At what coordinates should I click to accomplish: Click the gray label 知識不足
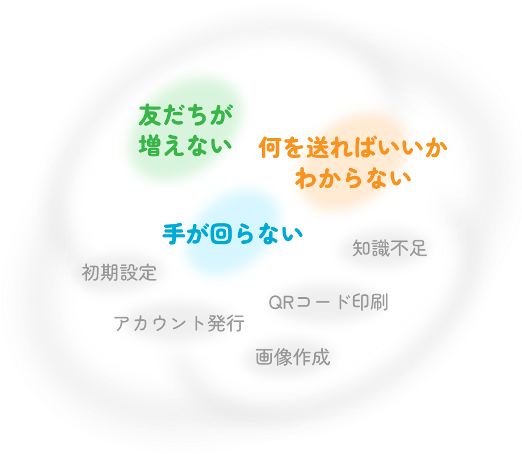pos(389,248)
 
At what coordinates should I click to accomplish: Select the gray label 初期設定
pos(119,273)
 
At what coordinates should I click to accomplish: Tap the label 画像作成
pos(293,357)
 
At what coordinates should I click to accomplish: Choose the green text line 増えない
pos(184,144)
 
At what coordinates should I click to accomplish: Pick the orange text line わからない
pos(353,178)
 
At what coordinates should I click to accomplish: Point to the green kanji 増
pos(149,144)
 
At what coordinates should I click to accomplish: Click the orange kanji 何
pos(270,148)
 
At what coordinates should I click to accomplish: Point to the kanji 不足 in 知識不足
pos(408,248)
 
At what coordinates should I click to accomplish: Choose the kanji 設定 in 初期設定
pos(138,273)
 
